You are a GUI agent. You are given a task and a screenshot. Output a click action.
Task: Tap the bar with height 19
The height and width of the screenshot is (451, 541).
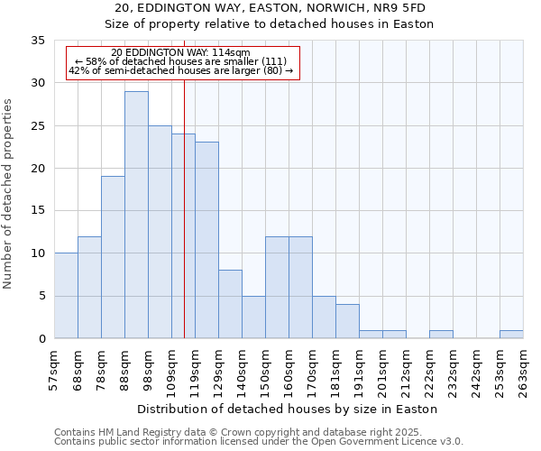tap(113, 257)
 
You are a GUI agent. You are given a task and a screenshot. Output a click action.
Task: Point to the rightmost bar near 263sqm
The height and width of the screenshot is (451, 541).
tap(511, 335)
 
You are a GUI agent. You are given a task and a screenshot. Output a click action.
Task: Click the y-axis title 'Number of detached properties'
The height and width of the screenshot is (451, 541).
tap(9, 194)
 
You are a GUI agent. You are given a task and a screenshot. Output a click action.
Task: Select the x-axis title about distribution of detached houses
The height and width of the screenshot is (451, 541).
tap(288, 409)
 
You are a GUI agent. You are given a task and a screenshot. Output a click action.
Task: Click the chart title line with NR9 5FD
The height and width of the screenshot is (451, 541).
tap(270, 8)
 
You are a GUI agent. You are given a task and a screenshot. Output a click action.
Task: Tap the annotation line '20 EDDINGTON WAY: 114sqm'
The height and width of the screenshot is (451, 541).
tap(181, 53)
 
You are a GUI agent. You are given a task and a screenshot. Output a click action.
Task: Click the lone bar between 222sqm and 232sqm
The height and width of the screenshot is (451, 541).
tap(441, 335)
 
